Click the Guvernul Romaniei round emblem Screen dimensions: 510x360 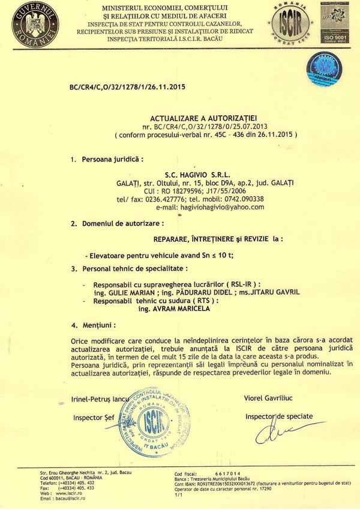pos(35,25)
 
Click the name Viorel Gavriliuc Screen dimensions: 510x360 pos(269,398)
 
